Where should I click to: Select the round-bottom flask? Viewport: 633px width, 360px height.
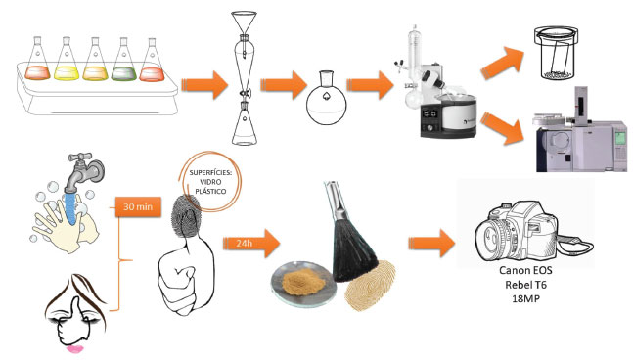click(x=326, y=98)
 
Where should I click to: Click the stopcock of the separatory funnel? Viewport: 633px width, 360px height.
click(x=245, y=94)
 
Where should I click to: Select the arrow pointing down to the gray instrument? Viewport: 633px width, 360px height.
click(x=501, y=128)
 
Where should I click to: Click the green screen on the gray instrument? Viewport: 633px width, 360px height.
click(x=621, y=138)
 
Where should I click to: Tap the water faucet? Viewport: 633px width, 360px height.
click(x=84, y=171)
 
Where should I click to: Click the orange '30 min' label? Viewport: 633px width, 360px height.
click(x=138, y=207)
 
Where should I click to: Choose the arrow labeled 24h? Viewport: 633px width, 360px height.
click(x=251, y=244)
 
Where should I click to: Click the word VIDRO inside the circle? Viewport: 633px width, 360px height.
click(x=210, y=182)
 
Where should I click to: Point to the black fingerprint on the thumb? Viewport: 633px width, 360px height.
click(x=186, y=214)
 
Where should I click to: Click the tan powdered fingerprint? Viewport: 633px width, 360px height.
click(x=370, y=286)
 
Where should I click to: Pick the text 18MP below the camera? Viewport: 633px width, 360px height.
click(x=525, y=298)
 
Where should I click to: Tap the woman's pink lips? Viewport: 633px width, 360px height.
click(x=75, y=348)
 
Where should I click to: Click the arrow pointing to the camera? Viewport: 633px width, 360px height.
click(x=431, y=244)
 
